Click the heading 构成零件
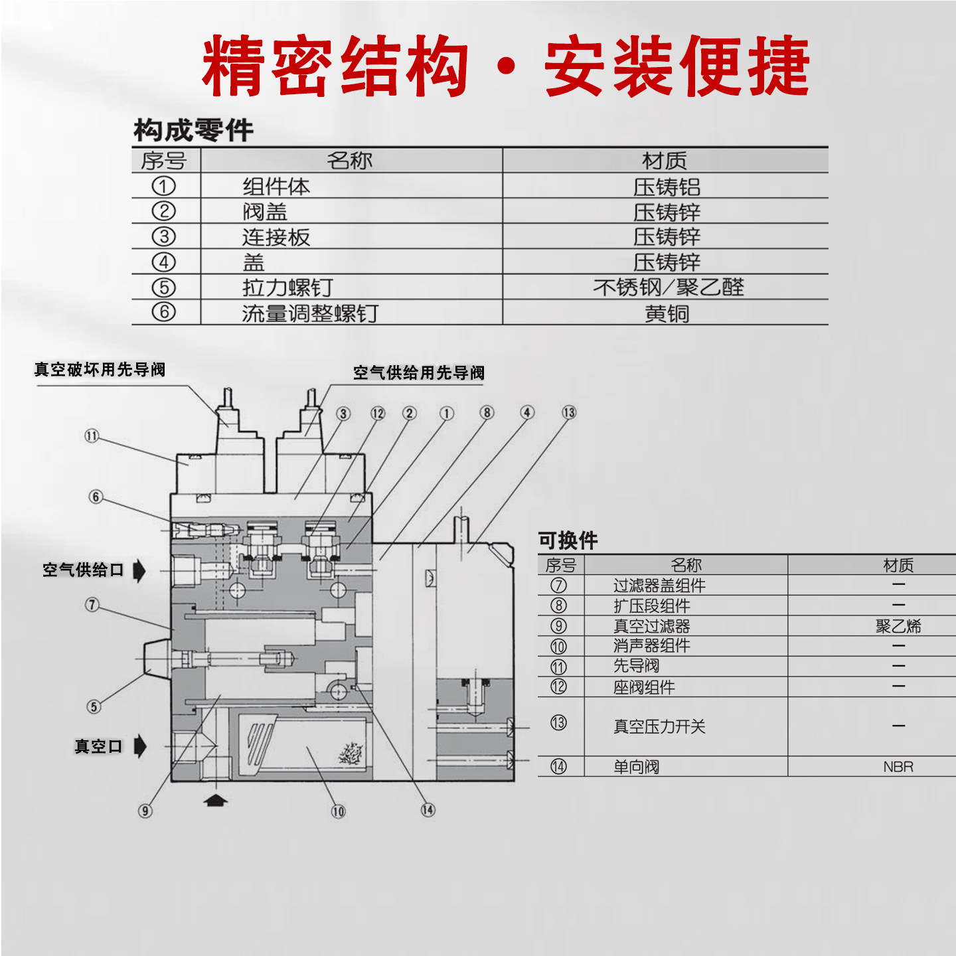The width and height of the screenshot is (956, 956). point(193,130)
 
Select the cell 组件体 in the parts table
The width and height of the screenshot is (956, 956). point(276,187)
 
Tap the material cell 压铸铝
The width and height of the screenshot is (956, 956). point(666,187)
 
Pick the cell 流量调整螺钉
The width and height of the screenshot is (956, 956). point(310,313)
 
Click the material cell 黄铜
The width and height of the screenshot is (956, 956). point(667,313)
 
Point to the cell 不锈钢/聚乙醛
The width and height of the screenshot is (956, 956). point(668,287)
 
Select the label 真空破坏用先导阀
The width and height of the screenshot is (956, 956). point(100,370)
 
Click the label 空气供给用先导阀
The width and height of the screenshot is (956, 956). point(418,373)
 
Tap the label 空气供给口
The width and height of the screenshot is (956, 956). point(83,570)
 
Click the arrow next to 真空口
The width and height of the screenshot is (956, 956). point(139,746)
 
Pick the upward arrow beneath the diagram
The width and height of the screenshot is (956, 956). point(214,800)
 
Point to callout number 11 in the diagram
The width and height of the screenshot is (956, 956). point(92,436)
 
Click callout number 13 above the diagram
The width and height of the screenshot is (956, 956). point(569,412)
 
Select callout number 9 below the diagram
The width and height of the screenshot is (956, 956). point(145,811)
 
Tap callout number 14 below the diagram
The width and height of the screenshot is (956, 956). point(428,810)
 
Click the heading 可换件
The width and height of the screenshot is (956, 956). point(568,540)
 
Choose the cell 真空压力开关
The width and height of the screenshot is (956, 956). point(659,726)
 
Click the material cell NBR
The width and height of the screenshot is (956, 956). point(898,767)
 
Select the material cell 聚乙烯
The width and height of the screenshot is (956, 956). point(898,626)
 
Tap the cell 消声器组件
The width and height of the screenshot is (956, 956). point(651,646)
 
